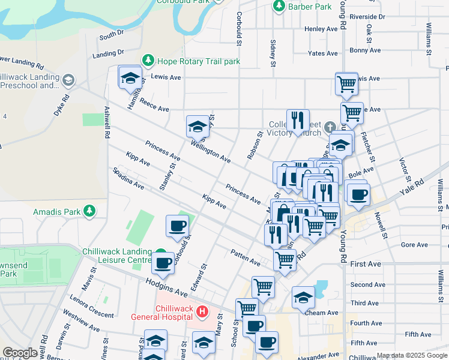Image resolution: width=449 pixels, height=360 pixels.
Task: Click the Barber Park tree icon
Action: [279, 6]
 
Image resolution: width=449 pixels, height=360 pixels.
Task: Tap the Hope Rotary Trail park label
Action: [198, 61]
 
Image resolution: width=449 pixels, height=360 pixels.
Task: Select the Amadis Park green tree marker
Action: [89, 211]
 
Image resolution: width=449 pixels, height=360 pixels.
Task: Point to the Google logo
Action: [20, 353]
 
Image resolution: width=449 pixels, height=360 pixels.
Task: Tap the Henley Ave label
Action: [321, 29]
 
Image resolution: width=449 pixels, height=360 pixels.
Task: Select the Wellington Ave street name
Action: [211, 151]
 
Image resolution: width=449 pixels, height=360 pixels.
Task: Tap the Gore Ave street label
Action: [414, 245]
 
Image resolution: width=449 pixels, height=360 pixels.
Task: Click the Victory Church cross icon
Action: [329, 127]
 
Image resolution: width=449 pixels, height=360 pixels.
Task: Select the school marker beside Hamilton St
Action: [129, 77]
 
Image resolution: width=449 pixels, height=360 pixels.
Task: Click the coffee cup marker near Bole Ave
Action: [358, 194]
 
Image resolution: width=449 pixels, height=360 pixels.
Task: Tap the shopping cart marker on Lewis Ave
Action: [346, 85]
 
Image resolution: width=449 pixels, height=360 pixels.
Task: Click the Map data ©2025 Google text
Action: [412, 355]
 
